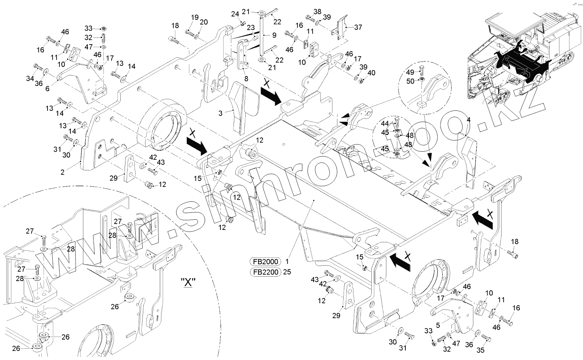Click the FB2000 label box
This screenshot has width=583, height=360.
[265, 262]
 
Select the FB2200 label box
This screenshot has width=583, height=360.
[265, 272]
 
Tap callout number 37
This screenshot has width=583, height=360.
[358, 27]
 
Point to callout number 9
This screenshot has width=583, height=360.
[274, 35]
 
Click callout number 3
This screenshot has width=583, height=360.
[220, 113]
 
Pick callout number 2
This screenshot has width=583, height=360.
[63, 172]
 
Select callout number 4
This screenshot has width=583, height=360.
[469, 120]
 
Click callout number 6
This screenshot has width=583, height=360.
[47, 89]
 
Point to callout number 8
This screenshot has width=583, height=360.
[246, 79]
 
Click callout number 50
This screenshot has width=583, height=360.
[410, 81]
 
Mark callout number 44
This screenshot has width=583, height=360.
[385, 124]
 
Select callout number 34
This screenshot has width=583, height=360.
[30, 78]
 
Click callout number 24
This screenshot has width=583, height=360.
[235, 14]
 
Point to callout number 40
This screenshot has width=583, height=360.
[371, 73]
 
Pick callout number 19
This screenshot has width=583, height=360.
[194, 17]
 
